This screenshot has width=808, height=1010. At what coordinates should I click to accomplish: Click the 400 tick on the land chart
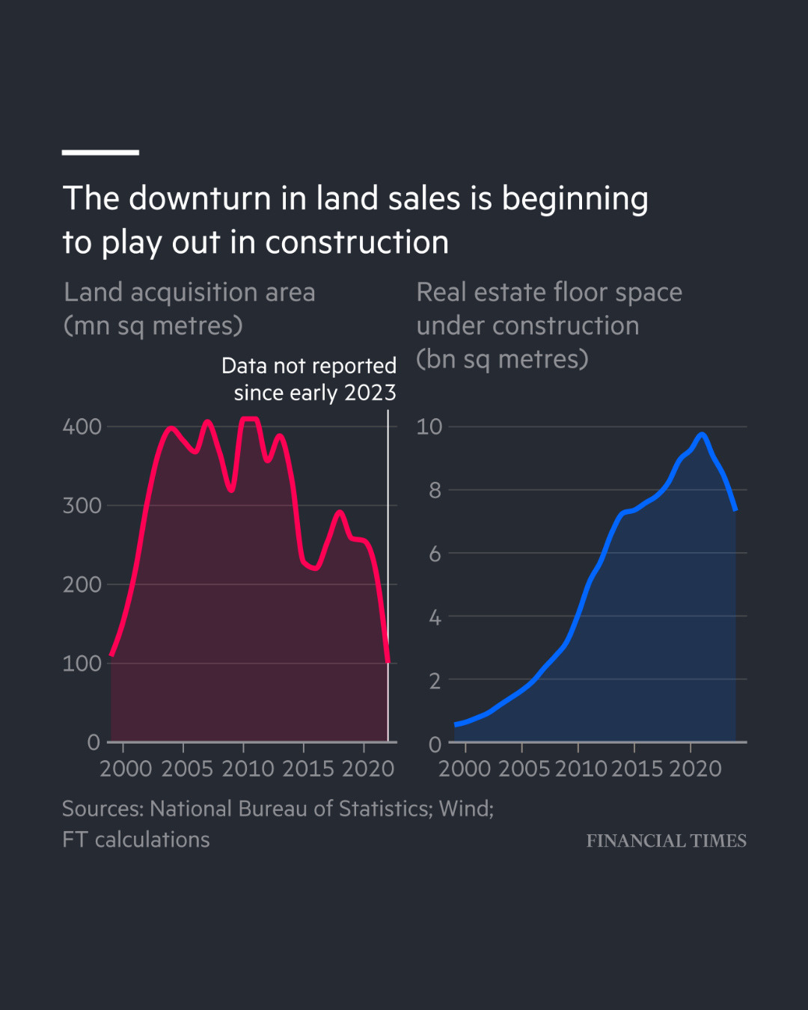[x=82, y=427]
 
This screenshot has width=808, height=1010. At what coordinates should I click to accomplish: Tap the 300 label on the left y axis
[x=82, y=506]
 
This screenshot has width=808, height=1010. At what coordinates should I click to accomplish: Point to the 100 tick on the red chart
[x=82, y=664]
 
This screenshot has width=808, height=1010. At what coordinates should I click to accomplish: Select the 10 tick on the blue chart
[x=429, y=427]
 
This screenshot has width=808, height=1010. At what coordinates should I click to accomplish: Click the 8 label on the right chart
[x=435, y=491]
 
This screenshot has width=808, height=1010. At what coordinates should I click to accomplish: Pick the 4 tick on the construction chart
[x=435, y=618]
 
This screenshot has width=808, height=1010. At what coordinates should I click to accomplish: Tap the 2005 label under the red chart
[x=186, y=769]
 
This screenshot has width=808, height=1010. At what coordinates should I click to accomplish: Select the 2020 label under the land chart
[x=367, y=769]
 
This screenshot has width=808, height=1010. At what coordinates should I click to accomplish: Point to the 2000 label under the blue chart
[x=465, y=769]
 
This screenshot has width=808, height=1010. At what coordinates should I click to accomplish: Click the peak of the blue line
[x=702, y=434]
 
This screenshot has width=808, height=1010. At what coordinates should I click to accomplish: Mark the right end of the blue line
[x=736, y=509]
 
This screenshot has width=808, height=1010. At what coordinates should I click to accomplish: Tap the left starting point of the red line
[x=111, y=655]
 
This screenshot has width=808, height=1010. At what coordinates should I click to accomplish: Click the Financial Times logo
[x=666, y=841]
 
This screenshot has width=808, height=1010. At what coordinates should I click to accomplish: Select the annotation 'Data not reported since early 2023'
[x=310, y=379]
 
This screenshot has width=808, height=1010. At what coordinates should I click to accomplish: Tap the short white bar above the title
[x=100, y=153]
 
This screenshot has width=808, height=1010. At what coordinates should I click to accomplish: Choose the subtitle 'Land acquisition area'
[x=189, y=293]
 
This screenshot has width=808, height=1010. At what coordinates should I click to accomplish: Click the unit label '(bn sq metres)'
[x=502, y=360]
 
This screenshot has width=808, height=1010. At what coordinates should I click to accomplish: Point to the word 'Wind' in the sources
[x=464, y=809]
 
